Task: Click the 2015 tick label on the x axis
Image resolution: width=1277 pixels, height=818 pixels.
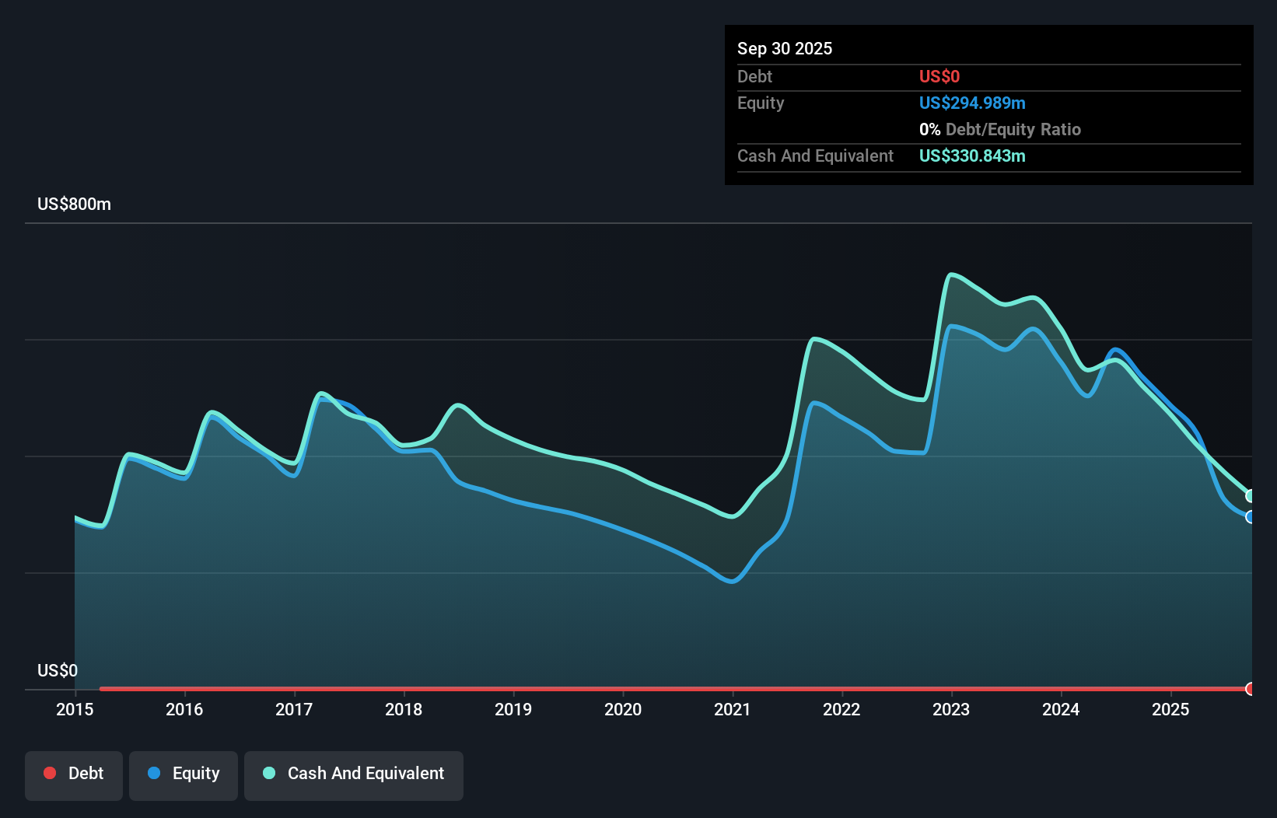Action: (x=75, y=709)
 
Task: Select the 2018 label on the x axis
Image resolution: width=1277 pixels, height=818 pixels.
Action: (x=404, y=709)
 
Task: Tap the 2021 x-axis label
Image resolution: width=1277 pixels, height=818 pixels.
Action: (x=733, y=709)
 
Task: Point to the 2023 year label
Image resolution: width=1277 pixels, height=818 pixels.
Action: (x=951, y=709)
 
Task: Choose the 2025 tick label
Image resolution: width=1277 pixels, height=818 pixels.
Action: (x=1170, y=709)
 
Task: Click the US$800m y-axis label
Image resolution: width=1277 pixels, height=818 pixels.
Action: (x=74, y=204)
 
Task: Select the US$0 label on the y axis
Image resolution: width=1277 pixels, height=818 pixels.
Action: (x=58, y=670)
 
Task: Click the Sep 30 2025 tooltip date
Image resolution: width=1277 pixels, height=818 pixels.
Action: (x=784, y=48)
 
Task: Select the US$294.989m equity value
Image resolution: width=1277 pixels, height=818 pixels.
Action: (x=971, y=103)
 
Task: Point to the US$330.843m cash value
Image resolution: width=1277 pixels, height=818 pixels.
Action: (x=971, y=156)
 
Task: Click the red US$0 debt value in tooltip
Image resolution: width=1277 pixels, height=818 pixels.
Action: (x=939, y=76)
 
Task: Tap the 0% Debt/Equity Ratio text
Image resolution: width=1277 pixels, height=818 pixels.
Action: (x=999, y=129)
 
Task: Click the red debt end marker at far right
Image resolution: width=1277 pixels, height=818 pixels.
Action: (x=1250, y=689)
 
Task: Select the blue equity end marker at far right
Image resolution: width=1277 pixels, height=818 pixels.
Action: (x=1250, y=517)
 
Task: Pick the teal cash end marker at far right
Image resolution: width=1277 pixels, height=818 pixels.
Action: (x=1250, y=496)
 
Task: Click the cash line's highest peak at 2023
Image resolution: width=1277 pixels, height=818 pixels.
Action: (x=951, y=274)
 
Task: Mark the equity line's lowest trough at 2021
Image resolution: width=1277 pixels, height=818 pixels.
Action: (x=732, y=581)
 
